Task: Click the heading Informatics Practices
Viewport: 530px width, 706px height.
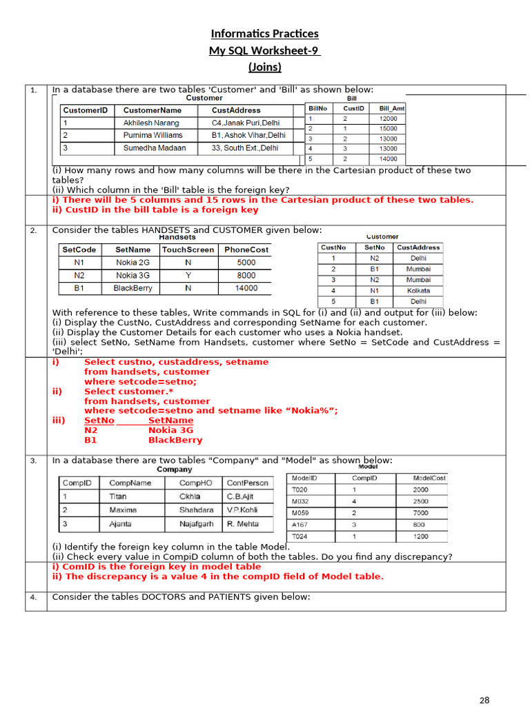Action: click(x=264, y=34)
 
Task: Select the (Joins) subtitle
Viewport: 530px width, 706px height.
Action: click(x=264, y=67)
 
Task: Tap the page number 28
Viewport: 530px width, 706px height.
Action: click(x=484, y=700)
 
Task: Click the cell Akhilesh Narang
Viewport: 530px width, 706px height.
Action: click(x=151, y=123)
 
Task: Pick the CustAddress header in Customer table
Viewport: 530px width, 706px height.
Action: click(x=236, y=110)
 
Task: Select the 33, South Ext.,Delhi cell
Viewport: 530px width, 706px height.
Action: click(x=245, y=148)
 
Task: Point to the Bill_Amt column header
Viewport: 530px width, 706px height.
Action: click(x=392, y=108)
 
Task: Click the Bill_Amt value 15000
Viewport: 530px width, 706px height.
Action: click(x=389, y=128)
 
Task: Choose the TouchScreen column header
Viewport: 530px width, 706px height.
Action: click(x=188, y=250)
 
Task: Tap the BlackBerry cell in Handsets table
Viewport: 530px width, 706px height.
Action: click(x=132, y=288)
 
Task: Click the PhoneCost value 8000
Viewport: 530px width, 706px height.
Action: click(x=246, y=275)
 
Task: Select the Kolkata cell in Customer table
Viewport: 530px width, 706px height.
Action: click(x=418, y=291)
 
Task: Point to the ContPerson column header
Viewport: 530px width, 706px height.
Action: click(x=248, y=483)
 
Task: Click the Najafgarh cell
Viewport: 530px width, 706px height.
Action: click(x=197, y=524)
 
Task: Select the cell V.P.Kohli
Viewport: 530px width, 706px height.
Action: click(x=242, y=510)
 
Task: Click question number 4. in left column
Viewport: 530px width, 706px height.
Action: click(x=34, y=597)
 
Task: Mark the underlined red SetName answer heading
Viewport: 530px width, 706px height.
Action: click(x=170, y=421)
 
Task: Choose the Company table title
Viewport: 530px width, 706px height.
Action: click(x=174, y=470)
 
